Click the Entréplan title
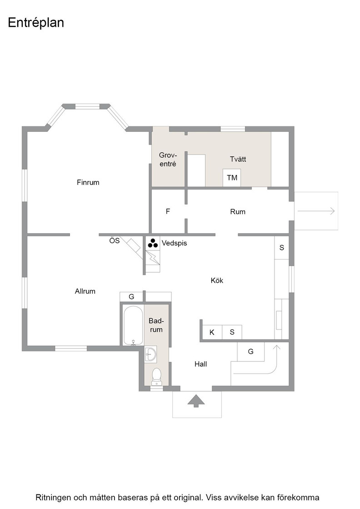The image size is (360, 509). click(x=36, y=23)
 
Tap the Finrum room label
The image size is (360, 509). click(x=88, y=182)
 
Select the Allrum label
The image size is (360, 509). click(x=85, y=291)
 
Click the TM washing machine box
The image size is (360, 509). click(x=232, y=178)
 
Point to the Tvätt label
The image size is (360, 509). click(x=238, y=159)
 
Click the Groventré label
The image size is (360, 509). click(x=168, y=160)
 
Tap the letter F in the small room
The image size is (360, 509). click(x=168, y=212)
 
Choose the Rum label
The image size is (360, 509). click(x=238, y=212)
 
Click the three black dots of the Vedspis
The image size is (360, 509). click(x=153, y=243)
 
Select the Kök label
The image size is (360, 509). click(x=217, y=280)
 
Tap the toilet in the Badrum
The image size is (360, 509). click(x=156, y=377)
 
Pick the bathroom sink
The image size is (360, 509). click(x=150, y=354)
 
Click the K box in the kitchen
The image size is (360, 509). click(x=212, y=332)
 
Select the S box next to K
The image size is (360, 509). click(x=232, y=332)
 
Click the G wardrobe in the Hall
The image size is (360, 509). click(x=250, y=352)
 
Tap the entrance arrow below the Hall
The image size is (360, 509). click(x=196, y=400)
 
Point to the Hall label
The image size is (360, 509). click(x=200, y=364)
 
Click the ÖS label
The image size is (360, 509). click(x=114, y=240)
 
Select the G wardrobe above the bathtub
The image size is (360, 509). click(x=131, y=297)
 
